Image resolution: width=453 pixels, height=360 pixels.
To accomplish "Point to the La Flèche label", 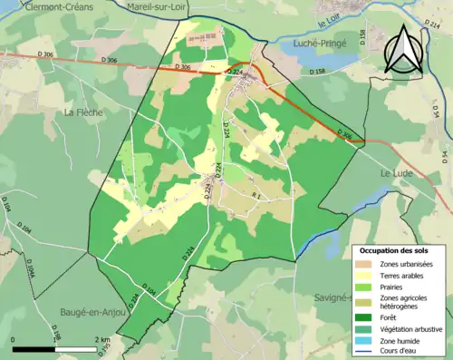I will [x=83, y=112].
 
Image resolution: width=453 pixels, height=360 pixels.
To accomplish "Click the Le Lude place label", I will [x=397, y=172].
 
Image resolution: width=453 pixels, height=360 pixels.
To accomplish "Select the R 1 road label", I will [x=255, y=196].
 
